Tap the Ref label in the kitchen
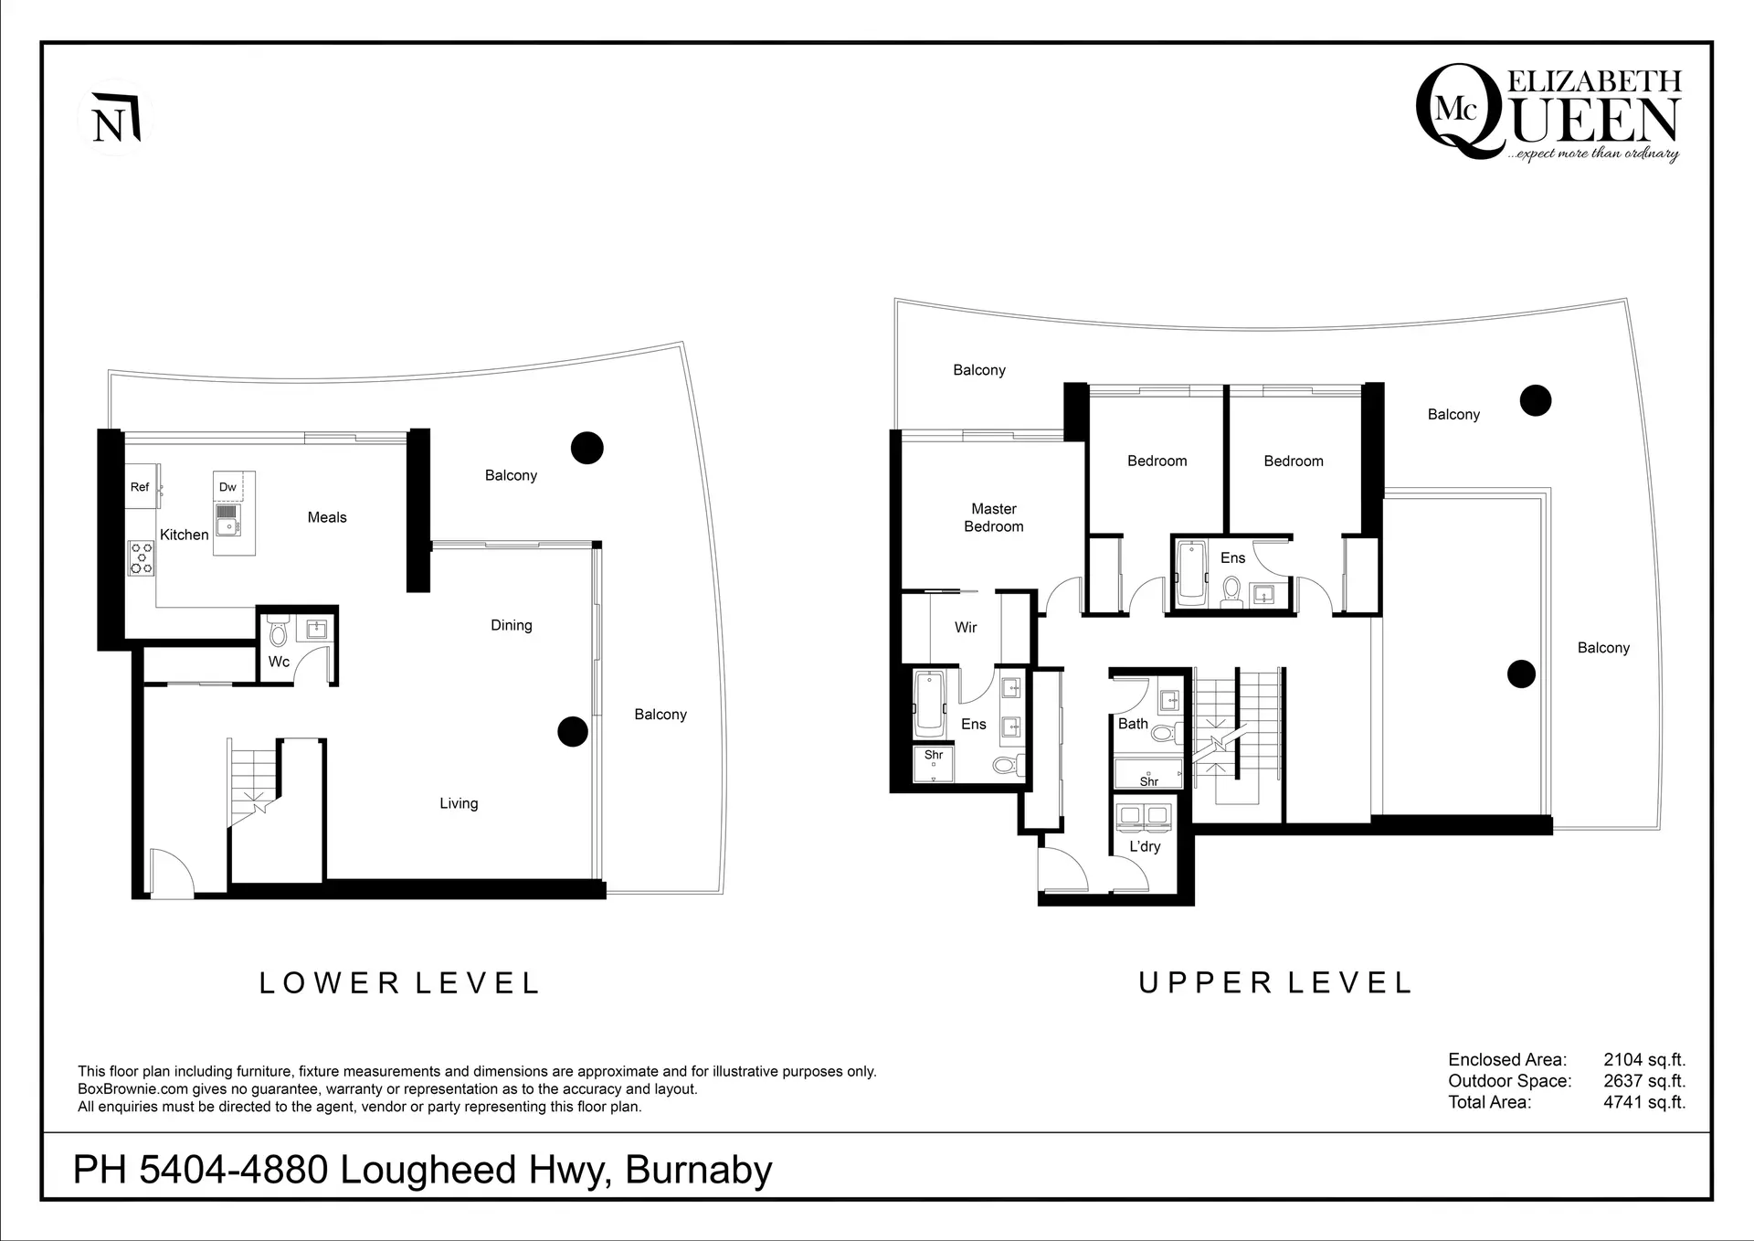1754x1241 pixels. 140,487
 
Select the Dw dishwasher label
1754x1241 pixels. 227,487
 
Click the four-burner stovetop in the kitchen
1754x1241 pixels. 142,557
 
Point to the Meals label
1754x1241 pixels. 327,517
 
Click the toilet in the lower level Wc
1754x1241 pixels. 279,632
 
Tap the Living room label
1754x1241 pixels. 459,803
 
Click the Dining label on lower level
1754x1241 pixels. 511,625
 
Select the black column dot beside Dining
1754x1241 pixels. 573,731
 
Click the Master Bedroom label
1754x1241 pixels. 994,517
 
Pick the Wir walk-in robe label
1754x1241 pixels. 966,627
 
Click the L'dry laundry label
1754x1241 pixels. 1145,846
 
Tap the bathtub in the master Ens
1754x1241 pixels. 929,705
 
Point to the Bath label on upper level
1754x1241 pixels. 1133,724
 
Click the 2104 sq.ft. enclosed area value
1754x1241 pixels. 1644,1060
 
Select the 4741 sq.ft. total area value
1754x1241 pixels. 1644,1102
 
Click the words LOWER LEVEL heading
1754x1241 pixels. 400,983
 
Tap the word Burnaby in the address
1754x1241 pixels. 699,1170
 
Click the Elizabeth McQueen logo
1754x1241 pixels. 1548,114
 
